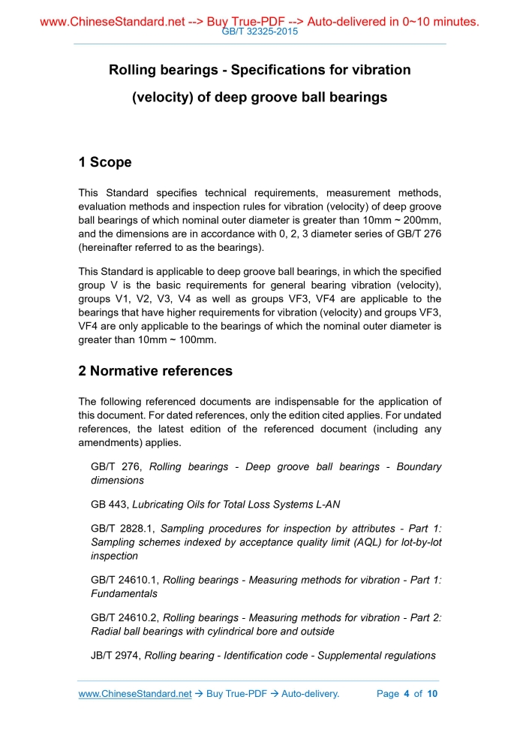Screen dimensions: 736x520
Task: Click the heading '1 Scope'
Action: coord(105,162)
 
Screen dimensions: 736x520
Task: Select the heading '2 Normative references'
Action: coord(155,371)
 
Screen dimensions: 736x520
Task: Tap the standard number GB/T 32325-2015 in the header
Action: coord(260,32)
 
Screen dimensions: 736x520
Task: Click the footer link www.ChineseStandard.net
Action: coord(135,693)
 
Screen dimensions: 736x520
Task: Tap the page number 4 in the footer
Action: coord(406,693)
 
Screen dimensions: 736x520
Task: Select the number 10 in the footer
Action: coord(431,693)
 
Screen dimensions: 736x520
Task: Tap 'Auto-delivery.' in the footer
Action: coord(311,693)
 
